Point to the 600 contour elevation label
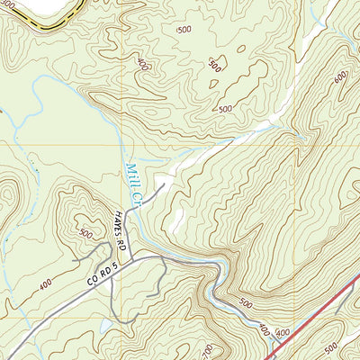[340, 78]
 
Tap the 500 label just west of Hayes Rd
[85, 232]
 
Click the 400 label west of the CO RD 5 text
[44, 286]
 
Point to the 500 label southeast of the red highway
[330, 346]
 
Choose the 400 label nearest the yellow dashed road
[141, 65]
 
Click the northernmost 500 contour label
[184, 30]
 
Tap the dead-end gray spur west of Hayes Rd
[81, 259]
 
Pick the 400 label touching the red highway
[283, 333]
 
